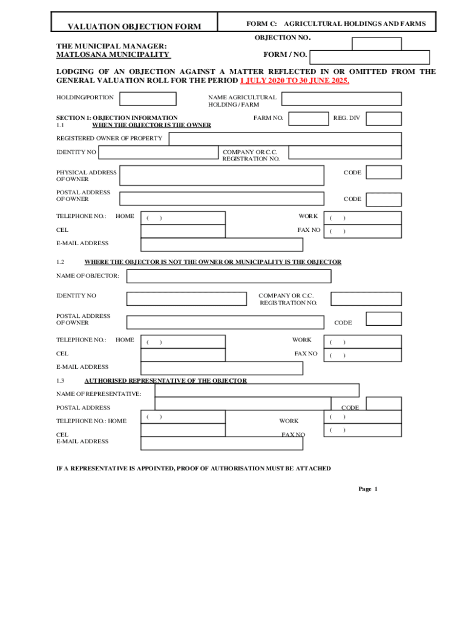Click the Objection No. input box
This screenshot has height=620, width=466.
[x=376, y=44]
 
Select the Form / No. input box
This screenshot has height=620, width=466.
[x=369, y=57]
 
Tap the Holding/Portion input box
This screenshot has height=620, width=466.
[x=148, y=99]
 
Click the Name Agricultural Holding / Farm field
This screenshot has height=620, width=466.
[x=341, y=99]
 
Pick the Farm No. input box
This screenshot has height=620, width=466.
[x=309, y=118]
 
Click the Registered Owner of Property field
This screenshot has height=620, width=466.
[x=284, y=139]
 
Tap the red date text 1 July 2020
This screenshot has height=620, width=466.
[x=261, y=81]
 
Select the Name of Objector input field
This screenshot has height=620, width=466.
[x=228, y=276]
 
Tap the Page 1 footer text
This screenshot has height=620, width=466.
[x=367, y=489]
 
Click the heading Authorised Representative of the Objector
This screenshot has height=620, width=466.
[x=165, y=380]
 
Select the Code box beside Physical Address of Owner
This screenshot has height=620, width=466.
[x=384, y=173]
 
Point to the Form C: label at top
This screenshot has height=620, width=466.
[x=261, y=24]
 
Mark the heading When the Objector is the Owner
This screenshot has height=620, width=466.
[x=151, y=125]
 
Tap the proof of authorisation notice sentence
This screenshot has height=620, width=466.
[x=193, y=469]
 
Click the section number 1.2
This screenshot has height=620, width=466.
[x=60, y=262]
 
